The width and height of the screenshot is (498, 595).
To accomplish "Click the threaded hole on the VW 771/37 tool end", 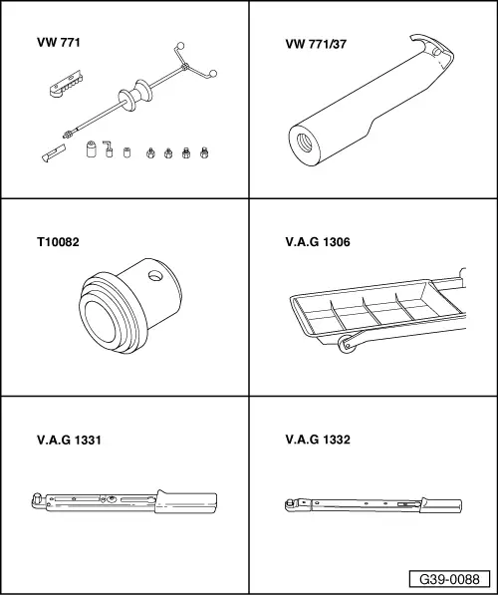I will (299, 140).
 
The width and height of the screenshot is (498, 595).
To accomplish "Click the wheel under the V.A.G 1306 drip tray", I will (348, 345).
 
